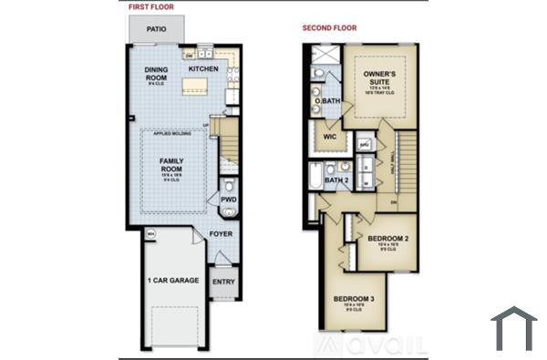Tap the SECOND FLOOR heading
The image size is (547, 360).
coord(330,28)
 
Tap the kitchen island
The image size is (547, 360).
coord(199,86)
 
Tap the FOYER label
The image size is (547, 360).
coord(221,234)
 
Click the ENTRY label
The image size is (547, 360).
coord(222,282)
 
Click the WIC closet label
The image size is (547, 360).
coord(329,137)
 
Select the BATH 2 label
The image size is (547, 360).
coord(337,180)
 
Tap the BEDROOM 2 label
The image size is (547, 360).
coord(388,239)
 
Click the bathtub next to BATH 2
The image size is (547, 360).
coord(316,176)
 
